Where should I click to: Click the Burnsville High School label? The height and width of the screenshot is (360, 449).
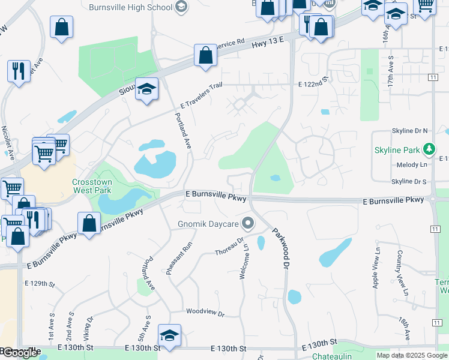[130, 7]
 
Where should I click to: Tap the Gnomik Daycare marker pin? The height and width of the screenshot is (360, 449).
[247, 224]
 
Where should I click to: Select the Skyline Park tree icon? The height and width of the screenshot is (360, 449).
[429, 148]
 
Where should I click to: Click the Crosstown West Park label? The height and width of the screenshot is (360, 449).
[92, 186]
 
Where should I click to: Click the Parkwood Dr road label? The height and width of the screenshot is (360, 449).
[282, 247]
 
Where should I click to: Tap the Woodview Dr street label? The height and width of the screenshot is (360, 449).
[205, 313]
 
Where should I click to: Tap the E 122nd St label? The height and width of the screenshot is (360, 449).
[313, 79]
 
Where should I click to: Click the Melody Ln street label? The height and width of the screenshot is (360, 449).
[412, 164]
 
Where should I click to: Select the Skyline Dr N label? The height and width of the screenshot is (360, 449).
[409, 130]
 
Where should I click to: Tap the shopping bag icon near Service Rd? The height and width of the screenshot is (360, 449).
[205, 55]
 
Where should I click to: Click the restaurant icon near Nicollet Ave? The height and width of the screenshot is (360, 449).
[19, 71]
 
